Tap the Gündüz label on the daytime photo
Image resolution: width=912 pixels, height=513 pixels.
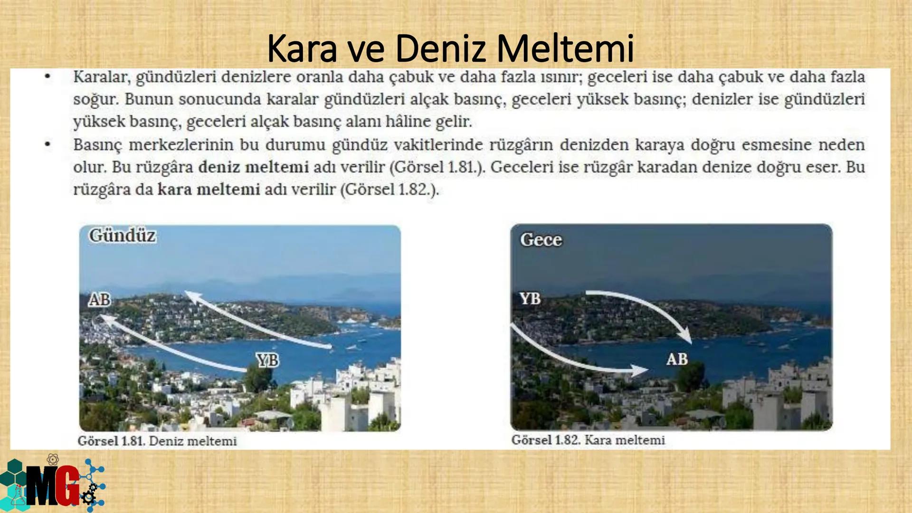(122, 236)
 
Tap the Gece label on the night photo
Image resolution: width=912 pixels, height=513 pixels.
(541, 239)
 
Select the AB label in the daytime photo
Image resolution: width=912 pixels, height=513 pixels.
(99, 300)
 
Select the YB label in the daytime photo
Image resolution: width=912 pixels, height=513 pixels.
(267, 360)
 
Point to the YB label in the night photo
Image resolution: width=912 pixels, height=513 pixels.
(530, 299)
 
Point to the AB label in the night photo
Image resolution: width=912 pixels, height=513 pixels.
(676, 359)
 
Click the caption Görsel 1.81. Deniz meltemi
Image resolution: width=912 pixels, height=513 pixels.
(157, 441)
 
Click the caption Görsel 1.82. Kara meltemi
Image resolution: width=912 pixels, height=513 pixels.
(588, 440)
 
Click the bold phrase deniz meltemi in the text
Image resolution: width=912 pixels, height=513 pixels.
(254, 167)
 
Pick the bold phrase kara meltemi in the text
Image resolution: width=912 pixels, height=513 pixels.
(209, 190)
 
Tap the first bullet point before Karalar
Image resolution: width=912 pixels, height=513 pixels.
(47, 77)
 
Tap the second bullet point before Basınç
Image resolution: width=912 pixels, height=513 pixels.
(47, 144)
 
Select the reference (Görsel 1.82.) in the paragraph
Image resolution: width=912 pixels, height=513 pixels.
(389, 190)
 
